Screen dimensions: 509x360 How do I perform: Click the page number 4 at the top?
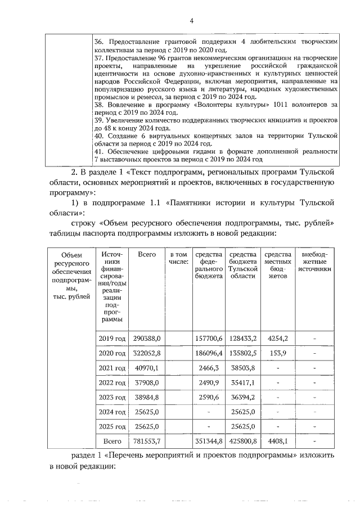191,21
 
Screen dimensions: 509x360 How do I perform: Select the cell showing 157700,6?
208,338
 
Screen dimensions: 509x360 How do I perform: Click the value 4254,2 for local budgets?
278,338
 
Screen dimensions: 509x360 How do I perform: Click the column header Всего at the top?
147,255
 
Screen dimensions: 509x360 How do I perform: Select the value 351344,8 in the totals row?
208,440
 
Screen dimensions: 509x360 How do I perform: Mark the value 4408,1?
278,440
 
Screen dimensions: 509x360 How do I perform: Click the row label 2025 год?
112,426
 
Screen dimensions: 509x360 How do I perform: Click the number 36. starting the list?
99,42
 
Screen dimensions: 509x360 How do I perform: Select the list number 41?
99,152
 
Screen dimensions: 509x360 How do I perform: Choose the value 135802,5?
243,353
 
